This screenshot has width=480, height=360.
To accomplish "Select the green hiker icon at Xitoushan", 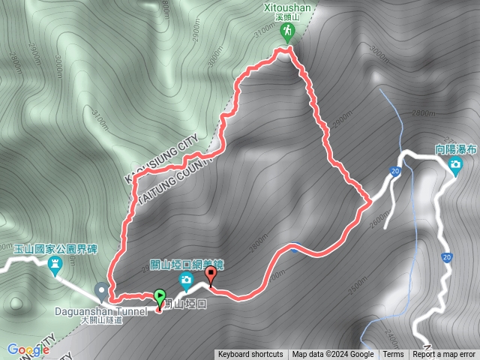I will pyautogui.click(x=287, y=31).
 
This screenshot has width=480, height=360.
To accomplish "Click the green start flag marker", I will pyautogui.click(x=159, y=297).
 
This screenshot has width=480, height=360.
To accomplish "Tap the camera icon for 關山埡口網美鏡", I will pyautogui.click(x=185, y=281).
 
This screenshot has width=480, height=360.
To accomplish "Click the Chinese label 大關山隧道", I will pyautogui.click(x=100, y=319).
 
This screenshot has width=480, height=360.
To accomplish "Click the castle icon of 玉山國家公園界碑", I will pyautogui.click(x=55, y=264).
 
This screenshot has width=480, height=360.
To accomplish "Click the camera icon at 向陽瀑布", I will pyautogui.click(x=454, y=165).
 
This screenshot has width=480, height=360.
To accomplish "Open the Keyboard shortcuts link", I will pyautogui.click(x=250, y=355).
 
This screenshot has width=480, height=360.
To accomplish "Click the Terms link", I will pyautogui.click(x=393, y=355).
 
